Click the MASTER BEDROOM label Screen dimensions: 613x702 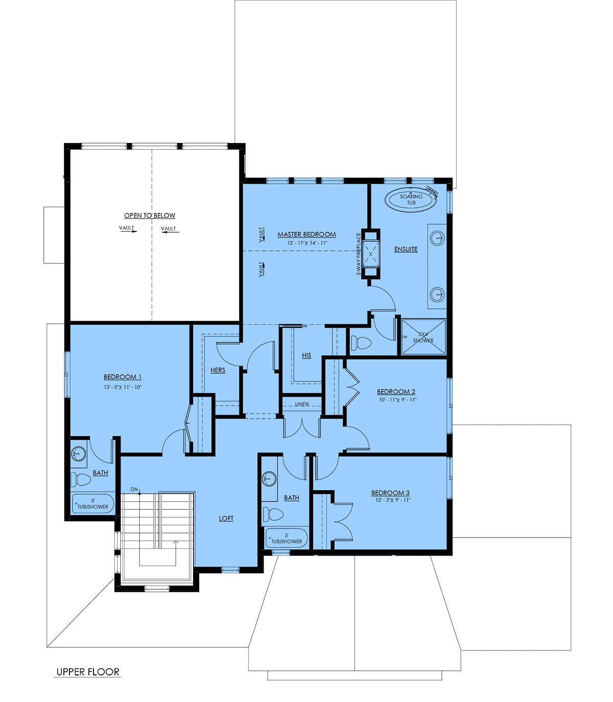point(306,234)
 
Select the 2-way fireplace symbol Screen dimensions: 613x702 point(371,254)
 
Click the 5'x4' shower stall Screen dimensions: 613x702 point(423,336)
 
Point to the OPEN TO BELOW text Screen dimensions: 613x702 point(150,215)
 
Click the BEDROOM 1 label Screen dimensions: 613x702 point(123,377)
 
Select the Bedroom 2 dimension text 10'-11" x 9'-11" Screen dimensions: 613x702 point(398,400)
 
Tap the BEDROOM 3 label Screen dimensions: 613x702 point(390,493)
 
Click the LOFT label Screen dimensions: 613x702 point(226,518)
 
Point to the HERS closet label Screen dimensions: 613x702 point(218,370)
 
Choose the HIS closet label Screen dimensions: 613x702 point(306,355)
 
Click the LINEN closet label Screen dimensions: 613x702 point(302,404)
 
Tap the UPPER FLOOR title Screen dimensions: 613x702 point(88,671)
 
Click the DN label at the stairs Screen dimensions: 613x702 point(134,489)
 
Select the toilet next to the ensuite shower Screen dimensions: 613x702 point(361,343)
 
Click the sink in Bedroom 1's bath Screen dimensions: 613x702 point(79,453)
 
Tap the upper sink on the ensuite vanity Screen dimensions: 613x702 point(437,238)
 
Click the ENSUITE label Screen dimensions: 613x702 point(406,249)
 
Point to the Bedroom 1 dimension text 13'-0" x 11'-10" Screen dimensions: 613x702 point(123,387)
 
